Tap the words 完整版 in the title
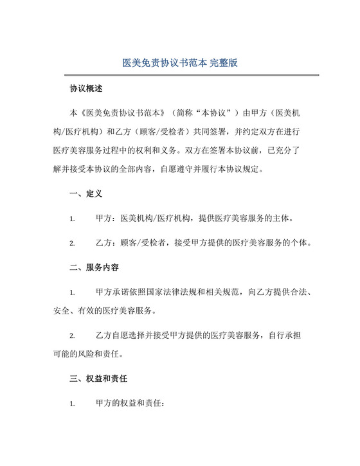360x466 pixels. [221, 64]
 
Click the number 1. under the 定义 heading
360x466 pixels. [73, 219]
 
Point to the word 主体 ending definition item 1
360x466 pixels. [283, 218]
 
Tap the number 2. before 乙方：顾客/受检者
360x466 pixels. [73, 244]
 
